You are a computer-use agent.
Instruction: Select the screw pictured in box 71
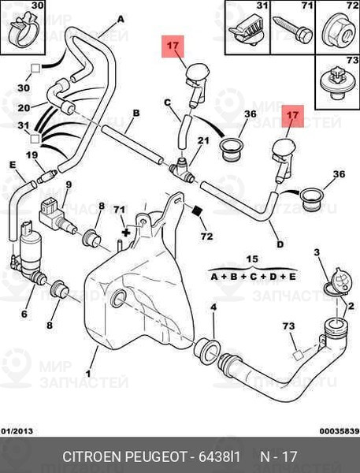[x=292, y=30]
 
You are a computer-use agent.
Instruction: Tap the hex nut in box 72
[x=338, y=31]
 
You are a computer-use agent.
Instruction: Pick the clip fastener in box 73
[x=337, y=84]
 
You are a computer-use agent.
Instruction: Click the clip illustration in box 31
[x=247, y=32]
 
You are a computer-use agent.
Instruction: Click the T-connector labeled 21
[x=182, y=170]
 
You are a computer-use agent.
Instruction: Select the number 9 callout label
[x=69, y=184]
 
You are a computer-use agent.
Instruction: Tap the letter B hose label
[x=136, y=113]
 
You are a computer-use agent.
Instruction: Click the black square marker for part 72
[x=197, y=210]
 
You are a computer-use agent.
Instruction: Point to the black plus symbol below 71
[x=126, y=233]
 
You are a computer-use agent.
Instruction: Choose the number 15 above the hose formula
[x=252, y=259]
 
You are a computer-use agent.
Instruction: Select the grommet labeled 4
[x=207, y=350]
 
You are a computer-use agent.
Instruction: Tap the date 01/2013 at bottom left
[x=17, y=431]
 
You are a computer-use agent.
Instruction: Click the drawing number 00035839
[x=340, y=431]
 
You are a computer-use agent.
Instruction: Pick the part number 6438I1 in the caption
[x=219, y=456]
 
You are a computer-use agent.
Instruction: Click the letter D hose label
[x=280, y=244]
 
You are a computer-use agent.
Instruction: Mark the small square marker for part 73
[x=299, y=355]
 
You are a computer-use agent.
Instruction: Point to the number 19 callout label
[x=32, y=155]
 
